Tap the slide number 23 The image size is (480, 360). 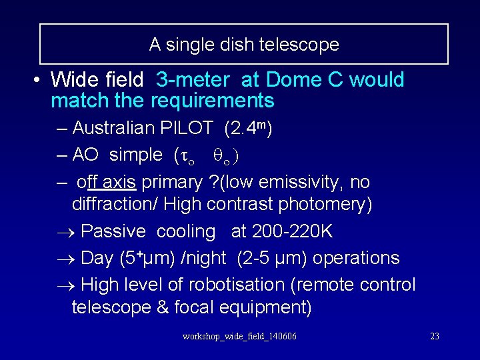pyautogui.click(x=435, y=336)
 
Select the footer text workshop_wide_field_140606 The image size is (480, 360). pyautogui.click(x=239, y=336)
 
